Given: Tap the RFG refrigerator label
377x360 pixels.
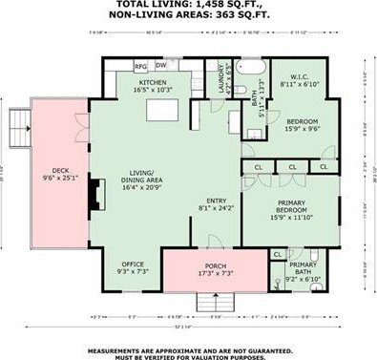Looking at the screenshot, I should (x=139, y=66).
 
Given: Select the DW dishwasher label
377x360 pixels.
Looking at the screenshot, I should (x=161, y=66).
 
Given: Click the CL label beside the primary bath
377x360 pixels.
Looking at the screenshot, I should (x=277, y=255).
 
